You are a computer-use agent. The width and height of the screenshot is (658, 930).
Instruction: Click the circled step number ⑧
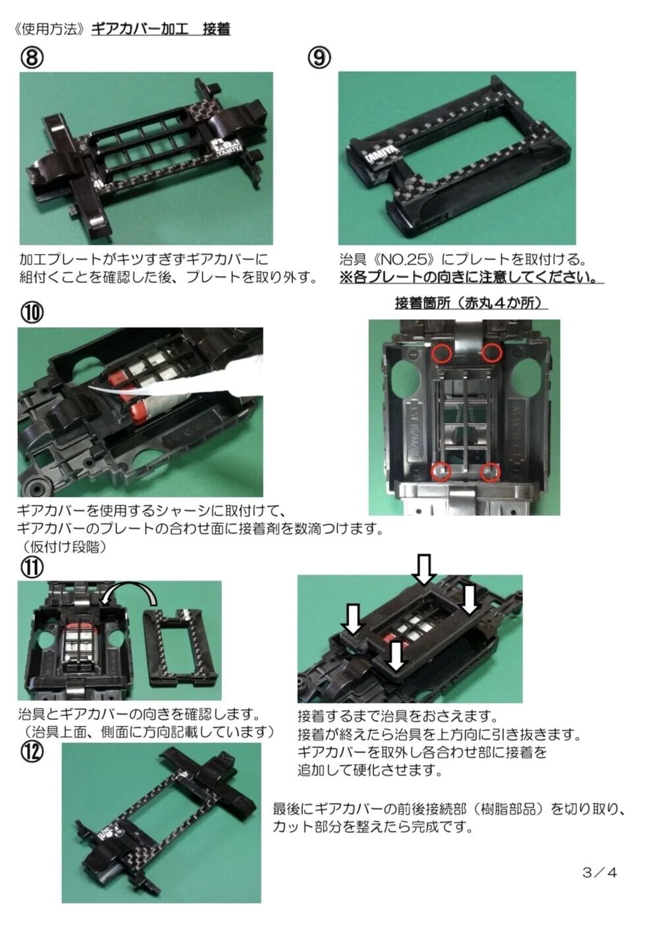click(x=32, y=58)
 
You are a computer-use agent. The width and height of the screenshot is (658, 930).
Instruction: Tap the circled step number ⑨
click(x=319, y=58)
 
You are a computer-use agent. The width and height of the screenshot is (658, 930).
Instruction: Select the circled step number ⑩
click(x=32, y=313)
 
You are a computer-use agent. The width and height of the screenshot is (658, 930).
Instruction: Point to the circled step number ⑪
click(x=32, y=567)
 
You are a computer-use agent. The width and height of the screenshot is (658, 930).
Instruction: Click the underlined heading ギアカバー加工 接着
click(x=161, y=29)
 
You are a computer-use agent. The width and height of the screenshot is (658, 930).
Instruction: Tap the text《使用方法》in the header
click(x=50, y=30)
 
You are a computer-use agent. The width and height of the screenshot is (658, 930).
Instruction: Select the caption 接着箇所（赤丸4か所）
click(x=471, y=303)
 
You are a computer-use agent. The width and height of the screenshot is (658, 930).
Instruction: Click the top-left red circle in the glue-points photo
click(x=441, y=353)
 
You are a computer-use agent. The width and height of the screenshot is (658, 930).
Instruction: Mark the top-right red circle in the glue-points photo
click(x=492, y=353)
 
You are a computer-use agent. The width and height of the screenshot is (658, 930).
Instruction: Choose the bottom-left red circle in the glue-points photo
click(x=441, y=471)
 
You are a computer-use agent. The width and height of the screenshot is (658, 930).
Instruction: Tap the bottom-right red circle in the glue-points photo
click(x=491, y=472)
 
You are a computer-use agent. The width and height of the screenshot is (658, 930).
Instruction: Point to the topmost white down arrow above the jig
click(x=424, y=569)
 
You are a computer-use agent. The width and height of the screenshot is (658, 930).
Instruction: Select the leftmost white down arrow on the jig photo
click(x=352, y=619)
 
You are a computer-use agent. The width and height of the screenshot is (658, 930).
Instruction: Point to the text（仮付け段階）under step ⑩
click(x=65, y=547)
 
